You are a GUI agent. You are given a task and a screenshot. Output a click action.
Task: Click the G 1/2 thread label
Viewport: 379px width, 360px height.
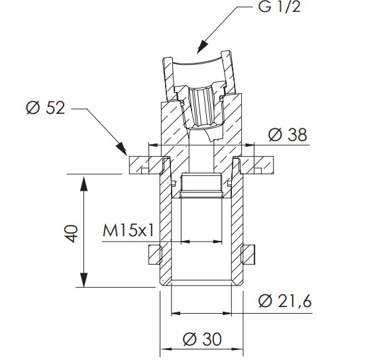(x=279, y=7)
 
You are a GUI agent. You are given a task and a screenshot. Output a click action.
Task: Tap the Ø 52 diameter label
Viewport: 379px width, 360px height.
(x=46, y=108)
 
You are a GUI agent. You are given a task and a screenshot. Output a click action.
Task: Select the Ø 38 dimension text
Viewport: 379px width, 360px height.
(x=288, y=134)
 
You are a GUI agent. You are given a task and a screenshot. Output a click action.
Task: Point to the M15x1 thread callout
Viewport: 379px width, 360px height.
(x=129, y=230)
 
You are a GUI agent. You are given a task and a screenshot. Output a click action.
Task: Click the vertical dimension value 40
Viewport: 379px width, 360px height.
(x=72, y=234)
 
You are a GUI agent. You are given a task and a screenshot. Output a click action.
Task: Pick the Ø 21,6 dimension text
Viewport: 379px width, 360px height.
(x=285, y=301)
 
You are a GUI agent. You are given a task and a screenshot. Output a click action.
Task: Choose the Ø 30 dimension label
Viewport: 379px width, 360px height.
(x=202, y=339)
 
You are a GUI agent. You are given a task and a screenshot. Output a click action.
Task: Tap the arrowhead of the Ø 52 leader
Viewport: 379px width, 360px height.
(x=121, y=149)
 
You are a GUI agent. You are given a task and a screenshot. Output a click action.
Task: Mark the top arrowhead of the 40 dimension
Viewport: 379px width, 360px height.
(x=84, y=184)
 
